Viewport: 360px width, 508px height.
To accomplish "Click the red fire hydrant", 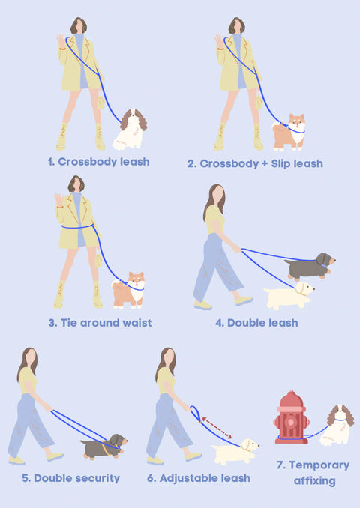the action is [291, 418].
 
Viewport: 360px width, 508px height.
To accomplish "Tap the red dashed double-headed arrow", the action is [217, 428].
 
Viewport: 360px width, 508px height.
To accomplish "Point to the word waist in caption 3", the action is [136, 323].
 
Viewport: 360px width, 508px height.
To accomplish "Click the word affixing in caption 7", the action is [314, 480].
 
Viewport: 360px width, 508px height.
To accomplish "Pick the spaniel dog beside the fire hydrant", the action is [338, 425].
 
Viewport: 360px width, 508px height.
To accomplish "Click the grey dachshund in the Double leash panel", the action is [310, 267].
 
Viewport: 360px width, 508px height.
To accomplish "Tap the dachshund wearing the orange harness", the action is [103, 447].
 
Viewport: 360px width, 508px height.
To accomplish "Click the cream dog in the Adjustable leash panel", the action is [235, 451].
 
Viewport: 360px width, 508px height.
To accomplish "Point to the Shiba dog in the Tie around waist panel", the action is [128, 290].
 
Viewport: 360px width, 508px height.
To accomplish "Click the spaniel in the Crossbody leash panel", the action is [130, 130].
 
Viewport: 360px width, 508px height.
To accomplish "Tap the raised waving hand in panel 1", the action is [61, 40].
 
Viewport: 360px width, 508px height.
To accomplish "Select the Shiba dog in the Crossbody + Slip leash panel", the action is [289, 132].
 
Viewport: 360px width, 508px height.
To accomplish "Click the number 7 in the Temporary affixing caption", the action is [280, 465].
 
